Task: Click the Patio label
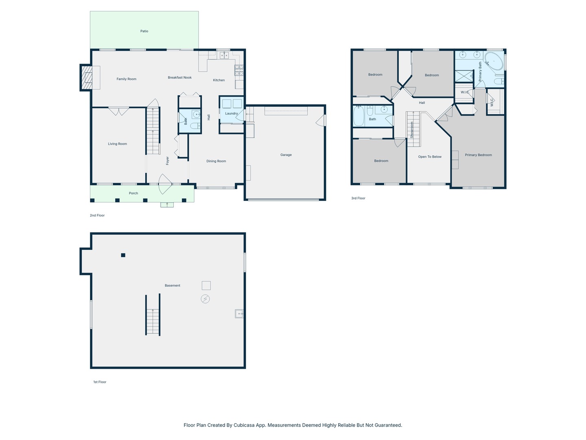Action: click(x=144, y=31)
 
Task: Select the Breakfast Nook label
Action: click(x=179, y=77)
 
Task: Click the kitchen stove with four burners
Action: click(x=239, y=70)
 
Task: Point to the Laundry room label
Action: click(x=231, y=113)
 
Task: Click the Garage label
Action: click(x=286, y=155)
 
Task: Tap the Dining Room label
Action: click(x=216, y=161)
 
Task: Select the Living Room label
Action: click(x=117, y=144)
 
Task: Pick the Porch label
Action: click(x=133, y=193)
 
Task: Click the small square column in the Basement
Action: click(x=123, y=255)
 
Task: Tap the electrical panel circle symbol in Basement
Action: click(x=206, y=299)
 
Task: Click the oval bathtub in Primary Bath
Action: click(x=494, y=61)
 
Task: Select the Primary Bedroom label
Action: click(x=478, y=155)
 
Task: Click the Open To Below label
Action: click(x=430, y=156)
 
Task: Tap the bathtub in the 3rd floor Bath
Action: click(x=359, y=116)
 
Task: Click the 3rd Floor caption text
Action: click(x=358, y=198)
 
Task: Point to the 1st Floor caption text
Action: click(x=100, y=382)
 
